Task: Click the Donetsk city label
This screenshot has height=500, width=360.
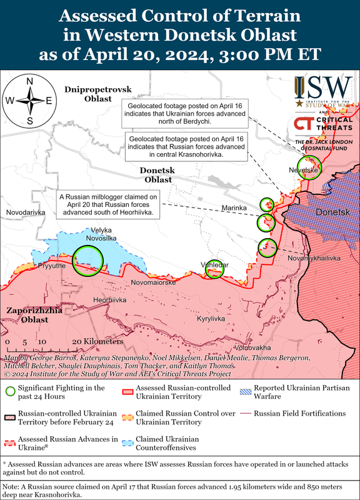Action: coord(331,212)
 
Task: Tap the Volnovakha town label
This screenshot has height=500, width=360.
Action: coord(253,347)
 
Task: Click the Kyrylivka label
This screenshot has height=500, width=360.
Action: coord(211,319)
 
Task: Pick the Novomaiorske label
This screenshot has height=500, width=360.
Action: coord(152,282)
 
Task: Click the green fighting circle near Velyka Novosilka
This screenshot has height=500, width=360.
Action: coord(87,260)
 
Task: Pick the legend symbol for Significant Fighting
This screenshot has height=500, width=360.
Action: coord(9,392)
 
